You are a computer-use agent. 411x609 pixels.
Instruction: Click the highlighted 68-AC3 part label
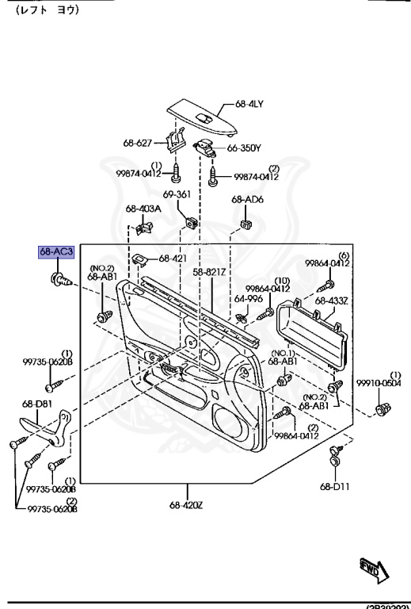(x=56, y=251)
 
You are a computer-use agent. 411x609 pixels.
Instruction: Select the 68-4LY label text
(x=250, y=104)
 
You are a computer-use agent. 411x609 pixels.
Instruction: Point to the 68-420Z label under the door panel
(x=188, y=505)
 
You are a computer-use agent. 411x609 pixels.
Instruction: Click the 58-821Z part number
(x=210, y=271)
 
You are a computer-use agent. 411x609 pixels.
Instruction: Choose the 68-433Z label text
(x=331, y=301)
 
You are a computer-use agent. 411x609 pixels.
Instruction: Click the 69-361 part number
(x=177, y=194)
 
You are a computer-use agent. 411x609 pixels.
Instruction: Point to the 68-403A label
(x=143, y=209)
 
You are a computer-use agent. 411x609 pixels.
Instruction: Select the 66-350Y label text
(x=244, y=147)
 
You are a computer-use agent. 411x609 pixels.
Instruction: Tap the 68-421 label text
(x=173, y=258)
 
